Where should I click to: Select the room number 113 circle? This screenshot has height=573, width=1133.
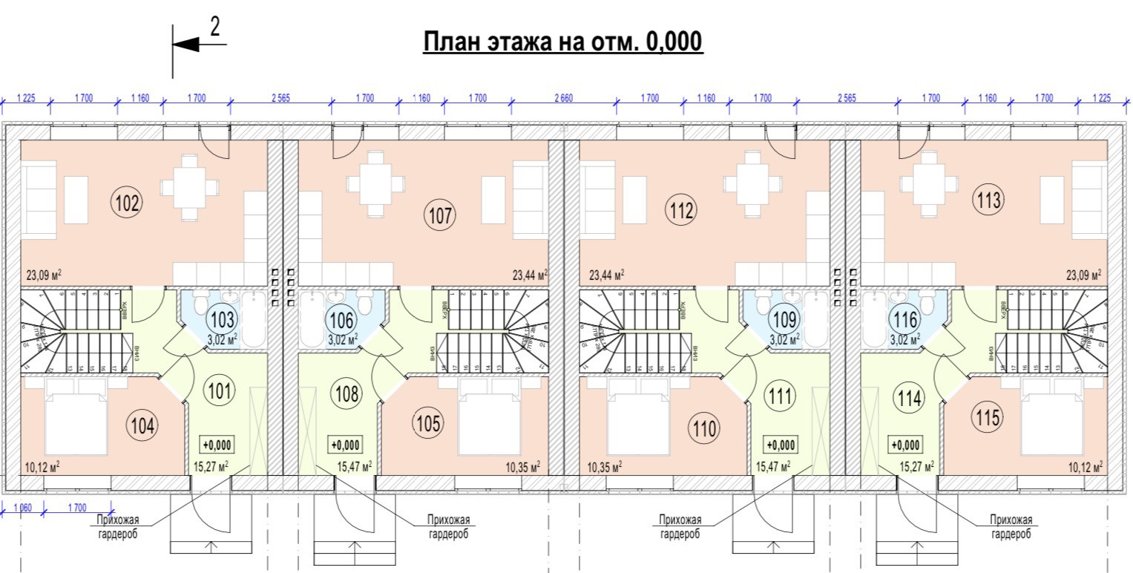(x=991, y=200)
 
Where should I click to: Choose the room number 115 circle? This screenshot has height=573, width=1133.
(x=988, y=417)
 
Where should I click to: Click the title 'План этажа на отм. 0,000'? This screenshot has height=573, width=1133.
(x=562, y=42)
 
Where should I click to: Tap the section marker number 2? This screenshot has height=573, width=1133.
(x=215, y=27)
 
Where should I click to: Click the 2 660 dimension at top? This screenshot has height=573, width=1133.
(x=564, y=98)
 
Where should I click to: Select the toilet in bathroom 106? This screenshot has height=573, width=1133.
(x=364, y=303)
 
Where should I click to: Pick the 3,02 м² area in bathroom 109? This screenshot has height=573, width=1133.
(x=784, y=340)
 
